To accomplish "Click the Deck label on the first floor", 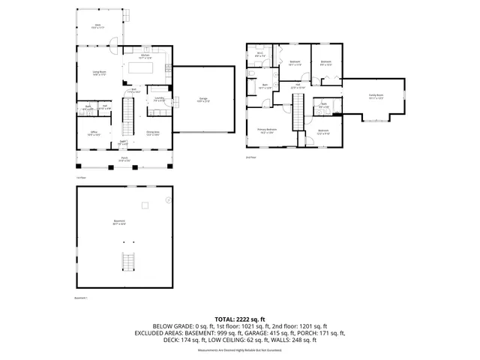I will (x=97, y=26).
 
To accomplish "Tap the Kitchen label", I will (x=146, y=56).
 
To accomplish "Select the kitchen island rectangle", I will (x=141, y=69).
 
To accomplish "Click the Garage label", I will (x=203, y=99).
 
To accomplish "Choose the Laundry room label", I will (x=160, y=99).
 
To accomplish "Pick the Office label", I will (x=94, y=133).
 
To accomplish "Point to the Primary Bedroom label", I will (x=268, y=130).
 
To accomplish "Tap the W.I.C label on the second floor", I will (x=259, y=55).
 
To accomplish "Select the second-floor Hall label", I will (x=298, y=85).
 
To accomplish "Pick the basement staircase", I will (x=127, y=262).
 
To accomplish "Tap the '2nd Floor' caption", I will (x=250, y=157).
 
